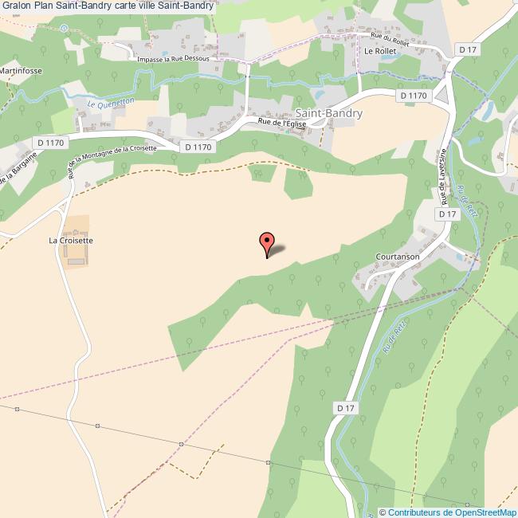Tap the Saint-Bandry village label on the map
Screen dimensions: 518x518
pos(328,113)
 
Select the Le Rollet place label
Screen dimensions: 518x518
pos(379,50)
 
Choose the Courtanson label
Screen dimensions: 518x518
pos(398,257)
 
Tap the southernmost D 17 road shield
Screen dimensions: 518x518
pos(344,407)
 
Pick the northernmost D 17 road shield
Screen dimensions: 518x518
pos(468,49)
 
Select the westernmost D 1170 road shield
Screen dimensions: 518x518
pos(49,142)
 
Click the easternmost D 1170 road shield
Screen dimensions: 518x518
pos(414,96)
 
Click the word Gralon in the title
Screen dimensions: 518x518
pos(16,7)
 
